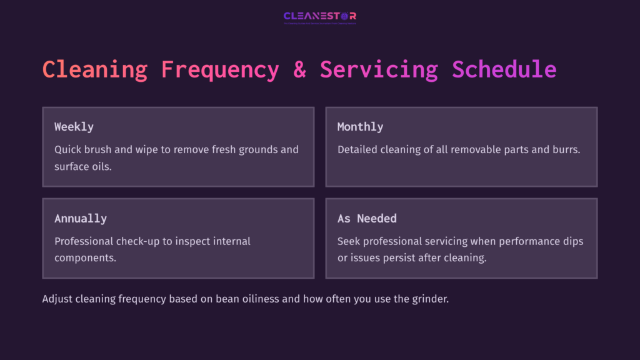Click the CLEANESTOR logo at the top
(x=319, y=16)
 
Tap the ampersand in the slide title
(x=299, y=69)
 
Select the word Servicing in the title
(x=379, y=69)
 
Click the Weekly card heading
(x=74, y=127)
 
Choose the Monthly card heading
(x=360, y=127)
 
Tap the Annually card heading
(x=80, y=219)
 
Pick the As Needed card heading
(x=367, y=219)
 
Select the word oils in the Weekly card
(x=101, y=167)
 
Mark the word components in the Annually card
(x=85, y=258)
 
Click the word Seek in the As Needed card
(x=349, y=241)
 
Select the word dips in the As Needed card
(x=573, y=241)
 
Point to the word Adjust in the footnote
(x=57, y=299)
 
